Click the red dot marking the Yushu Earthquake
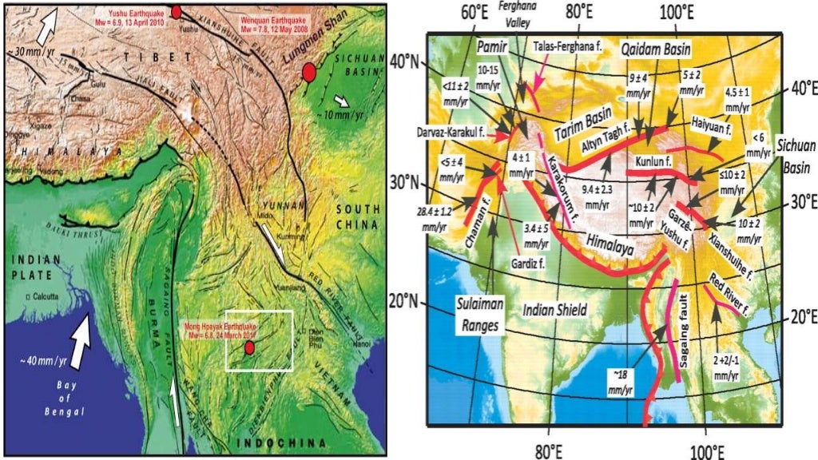(177, 11)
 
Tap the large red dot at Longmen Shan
(309, 74)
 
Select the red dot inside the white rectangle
(249, 347)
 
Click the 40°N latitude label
(405, 61)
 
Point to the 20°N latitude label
(404, 301)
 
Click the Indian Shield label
(553, 308)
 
